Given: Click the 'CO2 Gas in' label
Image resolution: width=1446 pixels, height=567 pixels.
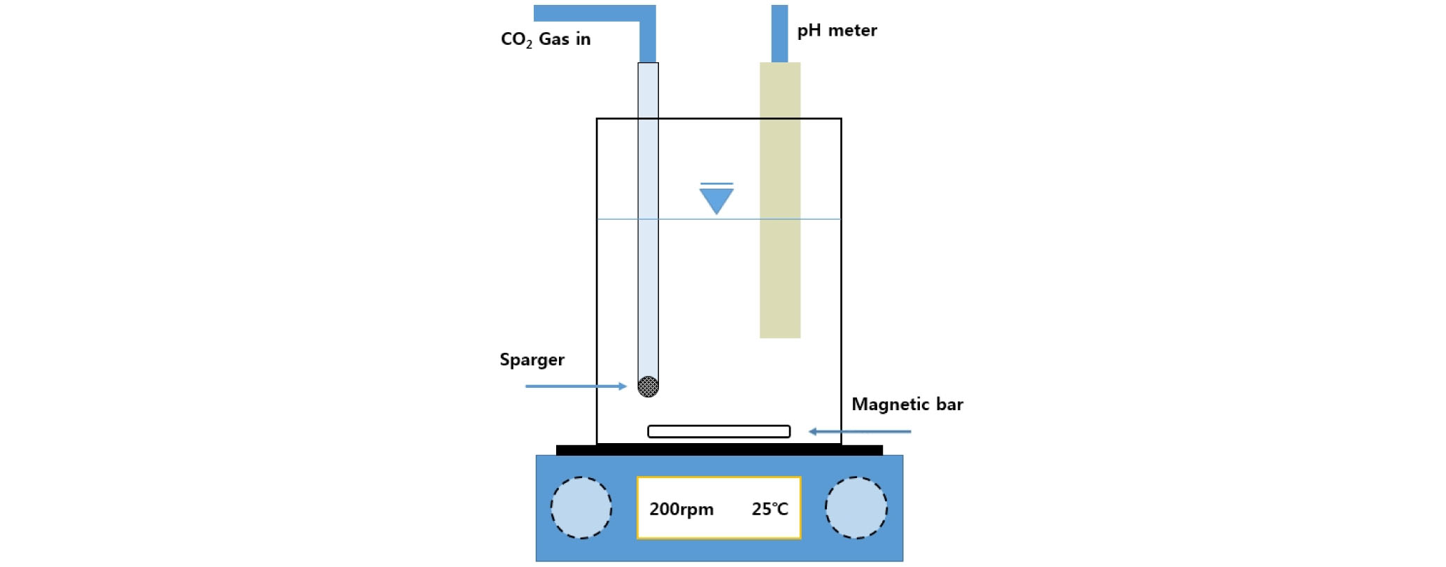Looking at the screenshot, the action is [546, 39].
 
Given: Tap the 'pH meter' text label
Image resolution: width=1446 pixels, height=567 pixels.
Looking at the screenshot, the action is [837, 31].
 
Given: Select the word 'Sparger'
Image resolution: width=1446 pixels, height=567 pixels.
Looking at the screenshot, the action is [532, 360].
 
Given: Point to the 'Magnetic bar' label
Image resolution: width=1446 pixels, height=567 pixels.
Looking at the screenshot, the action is [907, 404].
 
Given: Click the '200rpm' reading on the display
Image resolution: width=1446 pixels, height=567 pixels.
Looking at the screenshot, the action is [681, 509].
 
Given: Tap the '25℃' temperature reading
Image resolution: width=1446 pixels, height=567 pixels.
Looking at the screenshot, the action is [770, 509].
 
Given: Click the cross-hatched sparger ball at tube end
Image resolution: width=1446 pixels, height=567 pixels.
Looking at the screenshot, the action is [648, 386].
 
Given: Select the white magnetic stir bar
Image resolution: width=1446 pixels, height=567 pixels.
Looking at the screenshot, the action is [718, 431].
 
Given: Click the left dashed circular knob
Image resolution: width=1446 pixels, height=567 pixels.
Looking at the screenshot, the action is [581, 507].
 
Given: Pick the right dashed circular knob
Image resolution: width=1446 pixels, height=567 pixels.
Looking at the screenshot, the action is [856, 507].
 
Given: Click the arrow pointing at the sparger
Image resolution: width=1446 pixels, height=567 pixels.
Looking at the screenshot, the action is [576, 386].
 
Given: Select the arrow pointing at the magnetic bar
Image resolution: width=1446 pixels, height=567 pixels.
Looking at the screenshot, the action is [860, 431].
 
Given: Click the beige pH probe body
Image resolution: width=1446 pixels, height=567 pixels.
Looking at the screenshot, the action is [780, 200].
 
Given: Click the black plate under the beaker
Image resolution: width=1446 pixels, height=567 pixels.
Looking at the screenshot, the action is [719, 450].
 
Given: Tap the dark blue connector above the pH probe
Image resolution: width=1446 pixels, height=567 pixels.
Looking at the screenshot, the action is [779, 34].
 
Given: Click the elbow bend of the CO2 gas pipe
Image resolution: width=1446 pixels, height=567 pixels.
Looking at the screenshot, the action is [647, 14].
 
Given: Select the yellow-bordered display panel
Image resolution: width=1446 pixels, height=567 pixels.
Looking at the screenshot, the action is [718, 507].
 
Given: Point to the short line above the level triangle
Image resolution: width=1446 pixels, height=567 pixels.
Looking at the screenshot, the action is [716, 184].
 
